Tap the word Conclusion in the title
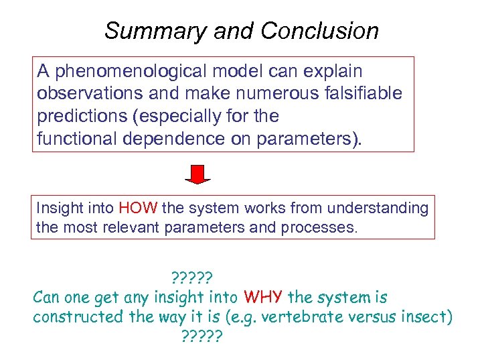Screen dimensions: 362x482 point(320,31)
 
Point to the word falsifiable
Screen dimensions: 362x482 point(362,93)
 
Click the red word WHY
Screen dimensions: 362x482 point(264,296)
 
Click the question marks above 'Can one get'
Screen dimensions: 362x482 point(192,276)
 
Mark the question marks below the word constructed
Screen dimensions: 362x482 point(202,335)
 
